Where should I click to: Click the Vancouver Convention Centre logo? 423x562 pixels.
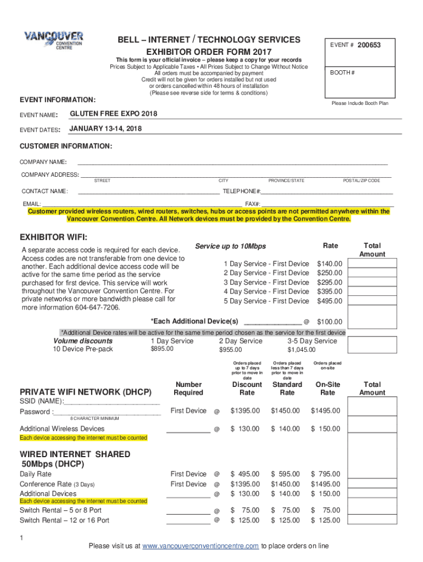pyautogui.click(x=53, y=40)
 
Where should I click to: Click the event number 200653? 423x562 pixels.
pyautogui.click(x=369, y=45)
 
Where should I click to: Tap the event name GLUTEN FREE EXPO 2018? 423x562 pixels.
pyautogui.click(x=113, y=114)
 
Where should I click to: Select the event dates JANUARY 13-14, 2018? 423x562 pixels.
pyautogui.click(x=105, y=128)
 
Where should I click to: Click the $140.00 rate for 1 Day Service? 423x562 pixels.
pyautogui.click(x=329, y=264)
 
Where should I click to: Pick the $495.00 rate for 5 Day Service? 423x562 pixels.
pyautogui.click(x=329, y=301)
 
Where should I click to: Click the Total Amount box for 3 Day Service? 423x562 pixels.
pyautogui.click(x=372, y=282)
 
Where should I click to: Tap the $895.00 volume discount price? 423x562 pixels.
pyautogui.click(x=158, y=350)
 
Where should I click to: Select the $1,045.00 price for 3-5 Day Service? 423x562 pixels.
pyautogui.click(x=301, y=350)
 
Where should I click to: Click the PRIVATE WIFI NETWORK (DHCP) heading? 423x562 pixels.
pyautogui.click(x=85, y=392)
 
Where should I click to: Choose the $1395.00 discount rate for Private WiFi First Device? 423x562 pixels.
pyautogui.click(x=247, y=411)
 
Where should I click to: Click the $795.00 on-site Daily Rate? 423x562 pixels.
pyautogui.click(x=326, y=474)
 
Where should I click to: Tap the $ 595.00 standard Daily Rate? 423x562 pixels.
pyautogui.click(x=286, y=474)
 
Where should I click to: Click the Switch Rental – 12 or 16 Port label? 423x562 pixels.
pyautogui.click(x=64, y=520)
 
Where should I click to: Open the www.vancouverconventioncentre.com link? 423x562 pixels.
pyautogui.click(x=201, y=546)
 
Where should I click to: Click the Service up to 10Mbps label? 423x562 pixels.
pyautogui.click(x=230, y=246)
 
